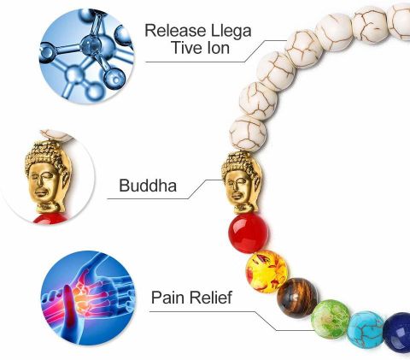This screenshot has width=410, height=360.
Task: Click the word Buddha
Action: (x=148, y=186)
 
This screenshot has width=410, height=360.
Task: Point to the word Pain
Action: (x=167, y=298)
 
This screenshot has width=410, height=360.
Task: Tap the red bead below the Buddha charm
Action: (x=249, y=233)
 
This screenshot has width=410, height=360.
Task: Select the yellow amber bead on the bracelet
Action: (x=266, y=272)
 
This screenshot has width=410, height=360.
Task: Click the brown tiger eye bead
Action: (x=297, y=298)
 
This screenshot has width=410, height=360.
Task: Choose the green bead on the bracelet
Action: (x=331, y=319)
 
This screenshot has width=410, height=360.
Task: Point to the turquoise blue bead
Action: (x=366, y=330)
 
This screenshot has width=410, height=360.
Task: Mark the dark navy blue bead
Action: (x=397, y=333)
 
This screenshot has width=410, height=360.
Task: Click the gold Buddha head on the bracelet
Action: (x=242, y=182)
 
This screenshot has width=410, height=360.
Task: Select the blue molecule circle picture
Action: (x=86, y=56)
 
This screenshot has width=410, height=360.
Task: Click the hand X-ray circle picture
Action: (x=88, y=298)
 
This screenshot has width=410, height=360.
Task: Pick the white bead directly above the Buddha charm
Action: (x=248, y=133)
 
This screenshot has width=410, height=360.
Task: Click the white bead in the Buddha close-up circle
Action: (x=57, y=135)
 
